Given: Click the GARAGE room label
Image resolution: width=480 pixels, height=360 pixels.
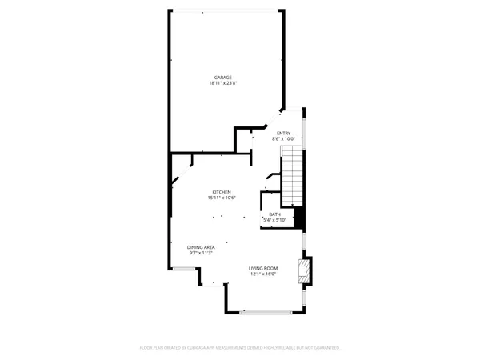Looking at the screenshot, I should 222,77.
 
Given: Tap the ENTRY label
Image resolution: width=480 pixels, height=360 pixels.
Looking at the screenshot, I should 283,133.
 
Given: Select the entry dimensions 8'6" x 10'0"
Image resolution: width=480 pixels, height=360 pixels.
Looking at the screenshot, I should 283,139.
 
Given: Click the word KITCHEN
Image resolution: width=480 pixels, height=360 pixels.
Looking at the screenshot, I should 222,191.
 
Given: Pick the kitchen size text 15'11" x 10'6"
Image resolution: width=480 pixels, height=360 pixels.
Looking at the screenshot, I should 222,198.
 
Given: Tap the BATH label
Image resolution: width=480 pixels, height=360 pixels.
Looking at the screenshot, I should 274,214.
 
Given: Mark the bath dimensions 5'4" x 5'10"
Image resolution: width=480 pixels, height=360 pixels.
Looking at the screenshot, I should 274,220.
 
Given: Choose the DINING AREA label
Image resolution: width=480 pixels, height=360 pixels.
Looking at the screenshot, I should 201,247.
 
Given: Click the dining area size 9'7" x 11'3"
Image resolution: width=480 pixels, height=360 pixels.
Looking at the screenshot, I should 201,254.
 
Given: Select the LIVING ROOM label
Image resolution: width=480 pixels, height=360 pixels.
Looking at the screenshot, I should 262,268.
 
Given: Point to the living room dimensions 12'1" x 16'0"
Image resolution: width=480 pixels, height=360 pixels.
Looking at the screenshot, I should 262,274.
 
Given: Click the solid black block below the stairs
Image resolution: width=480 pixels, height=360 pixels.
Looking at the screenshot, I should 300,218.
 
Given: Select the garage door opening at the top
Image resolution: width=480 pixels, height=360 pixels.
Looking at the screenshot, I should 226,10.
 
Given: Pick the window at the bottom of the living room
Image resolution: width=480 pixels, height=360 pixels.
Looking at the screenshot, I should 265,311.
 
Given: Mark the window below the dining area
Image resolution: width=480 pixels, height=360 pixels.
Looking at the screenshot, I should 185,269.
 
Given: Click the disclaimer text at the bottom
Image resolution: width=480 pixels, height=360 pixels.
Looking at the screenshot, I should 240,348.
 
